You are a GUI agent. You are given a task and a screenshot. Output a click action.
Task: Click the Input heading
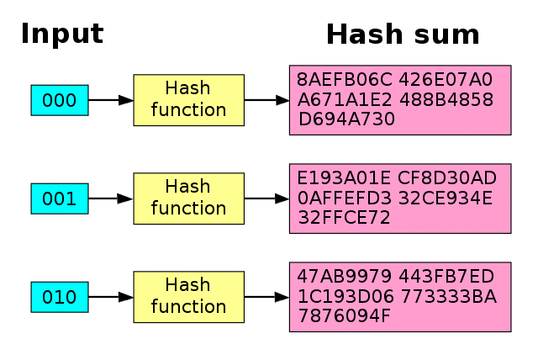(x=61, y=34)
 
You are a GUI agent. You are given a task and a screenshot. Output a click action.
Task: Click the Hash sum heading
(x=403, y=34)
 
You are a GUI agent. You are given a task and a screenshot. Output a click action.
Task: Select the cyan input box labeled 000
(x=60, y=100)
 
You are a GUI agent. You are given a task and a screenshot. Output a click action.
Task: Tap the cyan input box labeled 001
(x=60, y=199)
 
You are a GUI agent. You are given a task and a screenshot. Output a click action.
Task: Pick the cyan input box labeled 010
(x=60, y=297)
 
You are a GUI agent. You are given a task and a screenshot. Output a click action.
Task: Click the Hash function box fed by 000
(x=188, y=100)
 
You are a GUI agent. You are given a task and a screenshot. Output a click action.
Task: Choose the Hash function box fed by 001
(x=188, y=199)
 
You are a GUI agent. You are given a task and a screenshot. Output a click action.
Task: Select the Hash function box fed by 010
(x=188, y=297)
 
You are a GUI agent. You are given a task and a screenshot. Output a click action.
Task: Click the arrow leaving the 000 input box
(x=110, y=100)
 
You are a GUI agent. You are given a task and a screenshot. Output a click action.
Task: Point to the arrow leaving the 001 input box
(x=110, y=199)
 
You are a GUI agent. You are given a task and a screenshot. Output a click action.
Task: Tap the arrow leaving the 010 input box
(x=110, y=297)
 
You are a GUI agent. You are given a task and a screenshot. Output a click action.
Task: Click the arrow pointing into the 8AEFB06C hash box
(x=266, y=100)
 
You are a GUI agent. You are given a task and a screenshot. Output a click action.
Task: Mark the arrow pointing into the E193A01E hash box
(x=266, y=199)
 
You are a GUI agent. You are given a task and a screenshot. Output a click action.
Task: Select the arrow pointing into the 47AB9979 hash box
(x=266, y=297)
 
